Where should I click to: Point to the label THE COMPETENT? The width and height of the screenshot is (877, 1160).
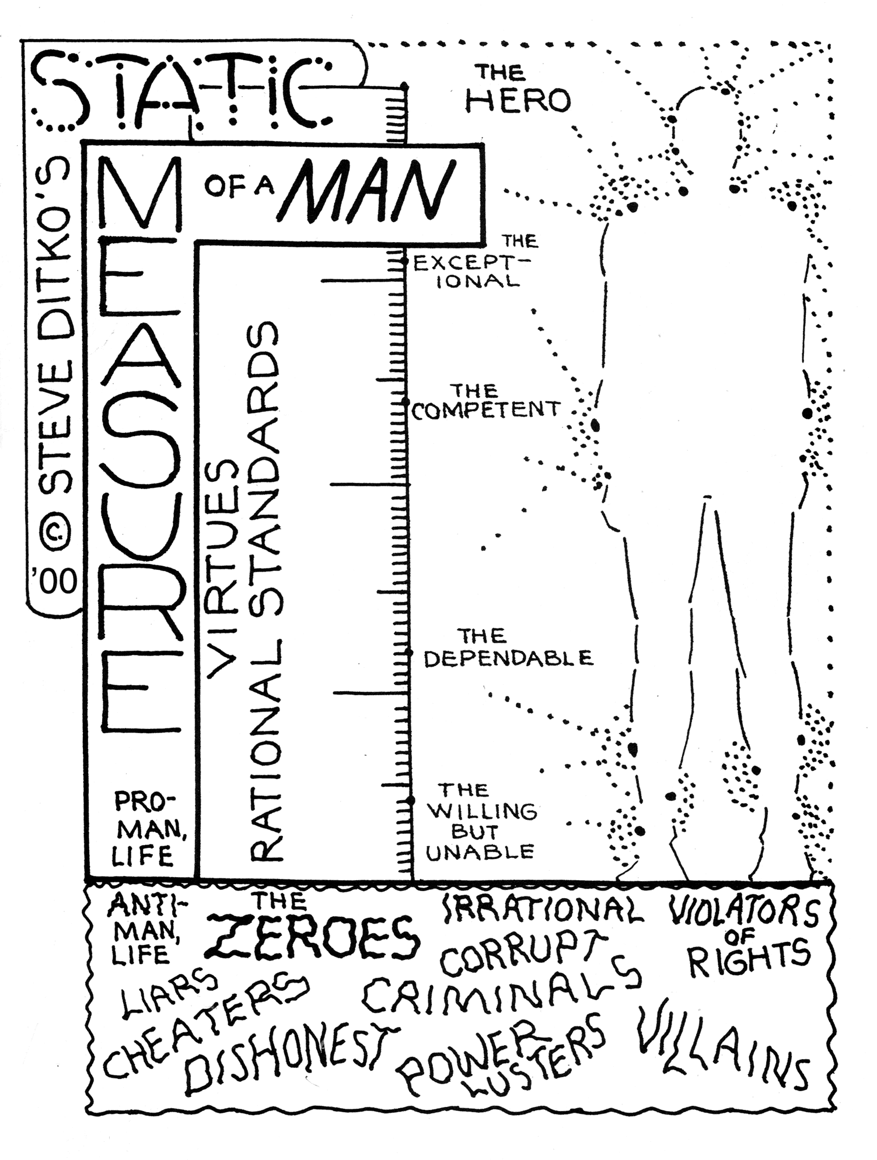tap(485, 401)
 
